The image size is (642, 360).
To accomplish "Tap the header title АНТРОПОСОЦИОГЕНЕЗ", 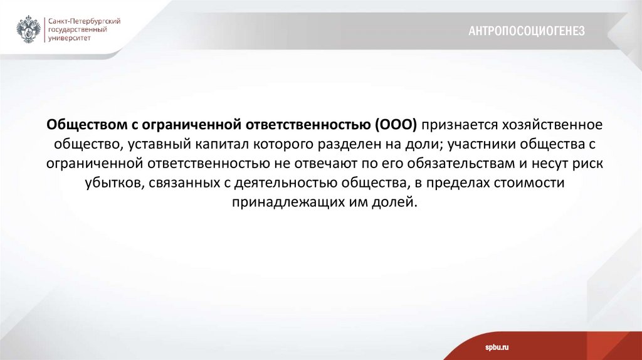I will coord(527,31).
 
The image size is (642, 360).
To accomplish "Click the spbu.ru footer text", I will coord(497,347).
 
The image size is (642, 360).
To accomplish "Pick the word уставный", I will coord(159,144).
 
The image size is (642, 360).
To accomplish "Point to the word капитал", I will coord(226,144).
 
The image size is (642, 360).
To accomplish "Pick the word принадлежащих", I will coord(276,203).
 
